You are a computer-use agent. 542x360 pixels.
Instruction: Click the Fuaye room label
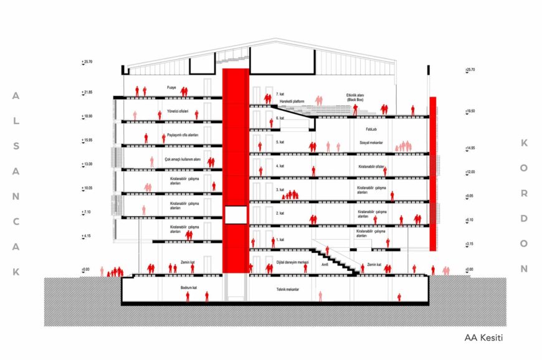pyautogui.click(x=171, y=87)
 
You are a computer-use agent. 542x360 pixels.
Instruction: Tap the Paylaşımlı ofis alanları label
pyautogui.click(x=182, y=135)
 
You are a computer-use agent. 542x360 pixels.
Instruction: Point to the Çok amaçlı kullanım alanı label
pyautogui.click(x=182, y=159)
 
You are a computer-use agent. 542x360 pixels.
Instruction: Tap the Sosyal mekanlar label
pyautogui.click(x=371, y=143)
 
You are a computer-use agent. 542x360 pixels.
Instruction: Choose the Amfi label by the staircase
pyautogui.click(x=324, y=264)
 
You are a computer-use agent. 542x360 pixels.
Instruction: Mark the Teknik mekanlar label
pyautogui.click(x=288, y=290)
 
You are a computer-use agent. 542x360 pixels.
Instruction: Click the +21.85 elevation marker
pyautogui.click(x=86, y=92)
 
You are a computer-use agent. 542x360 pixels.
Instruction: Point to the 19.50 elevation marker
pyautogui.click(x=471, y=111)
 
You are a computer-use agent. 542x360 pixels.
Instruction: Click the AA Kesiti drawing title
pyautogui.click(x=483, y=338)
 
